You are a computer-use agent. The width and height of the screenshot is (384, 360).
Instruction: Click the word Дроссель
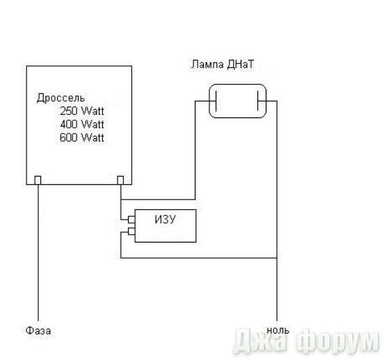[61, 98]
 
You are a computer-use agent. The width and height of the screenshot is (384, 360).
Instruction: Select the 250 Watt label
[82, 111]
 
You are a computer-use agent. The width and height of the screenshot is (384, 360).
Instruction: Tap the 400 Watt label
[82, 124]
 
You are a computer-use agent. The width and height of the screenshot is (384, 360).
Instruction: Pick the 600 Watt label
[82, 138]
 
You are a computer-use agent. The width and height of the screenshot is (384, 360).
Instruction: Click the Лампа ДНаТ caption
[223, 65]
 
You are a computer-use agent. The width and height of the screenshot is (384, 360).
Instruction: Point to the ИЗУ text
[166, 220]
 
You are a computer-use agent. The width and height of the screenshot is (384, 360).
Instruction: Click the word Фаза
[38, 331]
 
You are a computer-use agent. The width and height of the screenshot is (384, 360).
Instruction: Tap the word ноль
[278, 330]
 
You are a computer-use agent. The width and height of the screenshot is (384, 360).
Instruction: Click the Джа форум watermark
[307, 341]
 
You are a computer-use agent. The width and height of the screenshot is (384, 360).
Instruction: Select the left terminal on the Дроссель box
[38, 180]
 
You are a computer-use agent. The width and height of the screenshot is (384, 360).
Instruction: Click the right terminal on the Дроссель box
[120, 180]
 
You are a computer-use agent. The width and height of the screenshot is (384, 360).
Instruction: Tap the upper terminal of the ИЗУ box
[131, 220]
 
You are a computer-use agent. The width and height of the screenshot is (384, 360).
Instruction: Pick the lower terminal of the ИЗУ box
[131, 231]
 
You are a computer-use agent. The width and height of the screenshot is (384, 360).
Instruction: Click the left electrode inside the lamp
[216, 101]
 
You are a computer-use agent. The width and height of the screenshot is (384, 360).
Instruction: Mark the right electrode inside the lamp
[258, 101]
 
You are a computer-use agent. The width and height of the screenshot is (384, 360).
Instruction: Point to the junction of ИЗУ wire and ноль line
[277, 258]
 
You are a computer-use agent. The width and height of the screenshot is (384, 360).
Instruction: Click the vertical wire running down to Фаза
[38, 253]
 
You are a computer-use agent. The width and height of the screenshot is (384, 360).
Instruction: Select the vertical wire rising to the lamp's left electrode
[195, 150]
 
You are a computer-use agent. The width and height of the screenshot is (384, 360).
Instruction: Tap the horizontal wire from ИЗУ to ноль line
[199, 258]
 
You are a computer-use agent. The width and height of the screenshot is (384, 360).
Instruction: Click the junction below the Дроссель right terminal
[121, 199]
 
